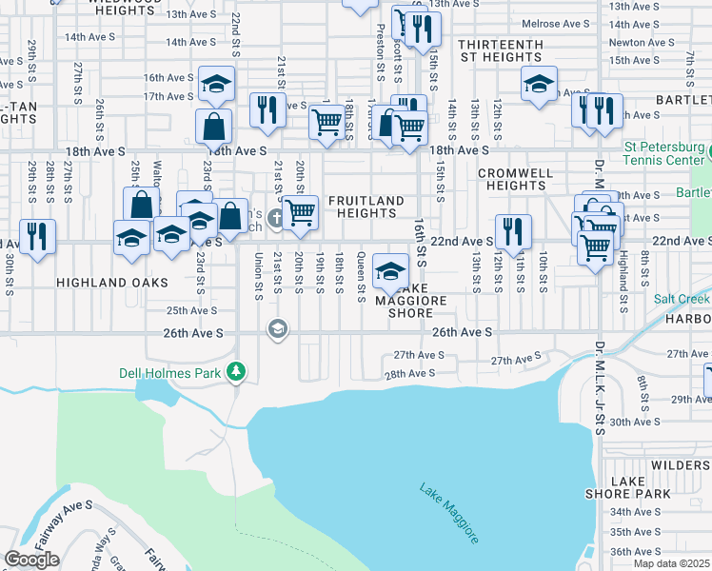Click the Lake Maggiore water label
pyautogui.click(x=447, y=514)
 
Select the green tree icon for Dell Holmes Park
pyautogui.click(x=236, y=372)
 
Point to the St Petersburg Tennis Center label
pyautogui.click(x=665, y=154)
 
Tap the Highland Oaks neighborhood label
pyautogui.click(x=111, y=283)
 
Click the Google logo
pyautogui.click(x=31, y=560)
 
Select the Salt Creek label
pyautogui.click(x=682, y=299)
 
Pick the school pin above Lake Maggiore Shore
pyautogui.click(x=389, y=270)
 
